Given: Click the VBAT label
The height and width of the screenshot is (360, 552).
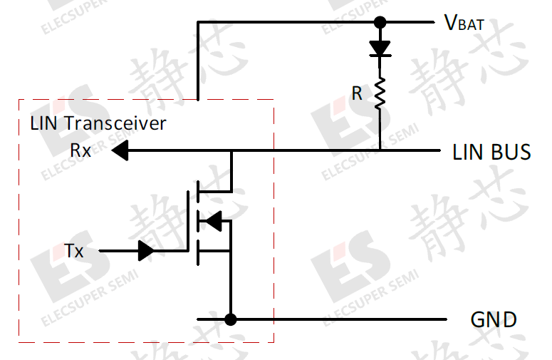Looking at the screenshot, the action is click(x=464, y=23).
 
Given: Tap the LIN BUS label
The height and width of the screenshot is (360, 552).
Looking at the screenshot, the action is click(x=491, y=152).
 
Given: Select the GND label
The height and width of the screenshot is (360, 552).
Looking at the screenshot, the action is click(x=494, y=319).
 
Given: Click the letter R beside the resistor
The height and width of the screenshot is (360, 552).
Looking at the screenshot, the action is click(x=357, y=93).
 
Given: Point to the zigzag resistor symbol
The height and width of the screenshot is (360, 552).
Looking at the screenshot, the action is click(x=380, y=93).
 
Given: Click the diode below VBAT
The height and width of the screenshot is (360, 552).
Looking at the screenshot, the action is click(x=380, y=48).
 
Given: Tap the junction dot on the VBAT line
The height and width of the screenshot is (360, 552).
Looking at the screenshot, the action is click(x=380, y=22).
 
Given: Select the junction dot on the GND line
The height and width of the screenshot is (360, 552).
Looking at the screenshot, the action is click(x=231, y=319).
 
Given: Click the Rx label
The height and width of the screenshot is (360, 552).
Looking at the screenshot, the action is click(x=80, y=150).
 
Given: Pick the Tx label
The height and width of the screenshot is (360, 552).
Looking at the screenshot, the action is click(x=74, y=251).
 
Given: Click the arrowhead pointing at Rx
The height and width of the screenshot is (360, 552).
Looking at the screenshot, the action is click(x=120, y=150).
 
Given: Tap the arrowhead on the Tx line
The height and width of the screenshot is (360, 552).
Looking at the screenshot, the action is click(x=147, y=251).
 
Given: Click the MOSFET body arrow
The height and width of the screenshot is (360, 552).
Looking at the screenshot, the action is click(x=214, y=221).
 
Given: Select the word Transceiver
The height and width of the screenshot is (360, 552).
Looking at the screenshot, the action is click(x=115, y=123).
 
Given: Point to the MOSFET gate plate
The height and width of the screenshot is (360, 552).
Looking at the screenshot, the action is click(x=188, y=221).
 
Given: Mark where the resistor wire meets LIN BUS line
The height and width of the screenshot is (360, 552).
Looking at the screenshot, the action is click(x=380, y=150).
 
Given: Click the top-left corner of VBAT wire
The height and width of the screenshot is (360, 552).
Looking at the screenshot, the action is click(x=198, y=22).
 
